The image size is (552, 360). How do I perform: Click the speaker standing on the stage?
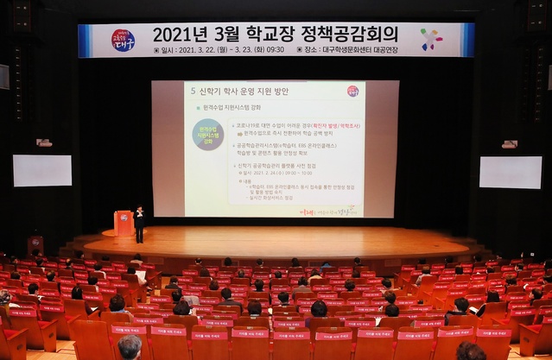[139, 223]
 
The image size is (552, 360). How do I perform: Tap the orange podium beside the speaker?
[124, 223]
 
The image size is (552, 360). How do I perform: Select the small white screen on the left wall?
[42, 170]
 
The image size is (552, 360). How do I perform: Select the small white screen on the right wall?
[511, 172]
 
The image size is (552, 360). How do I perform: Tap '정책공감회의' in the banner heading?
[350, 35]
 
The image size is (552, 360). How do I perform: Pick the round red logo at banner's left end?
[123, 40]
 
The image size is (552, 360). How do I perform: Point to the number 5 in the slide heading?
[192, 90]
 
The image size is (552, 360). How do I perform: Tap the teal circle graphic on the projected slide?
[207, 135]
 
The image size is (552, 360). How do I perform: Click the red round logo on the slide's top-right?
[352, 91]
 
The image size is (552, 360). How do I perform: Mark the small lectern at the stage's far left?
[35, 245]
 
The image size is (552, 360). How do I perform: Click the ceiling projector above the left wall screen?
[44, 142]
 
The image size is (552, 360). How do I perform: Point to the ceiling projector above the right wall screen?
[509, 144]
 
